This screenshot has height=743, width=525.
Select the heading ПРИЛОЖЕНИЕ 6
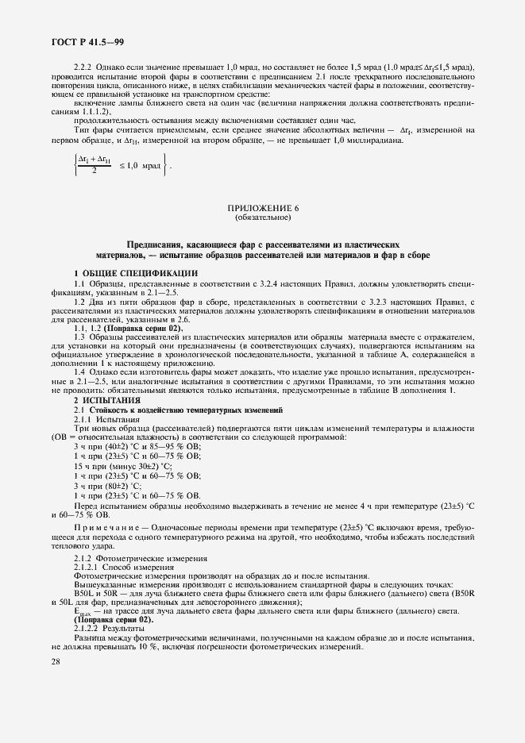(262, 208)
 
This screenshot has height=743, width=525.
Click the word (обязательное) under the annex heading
(262, 217)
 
